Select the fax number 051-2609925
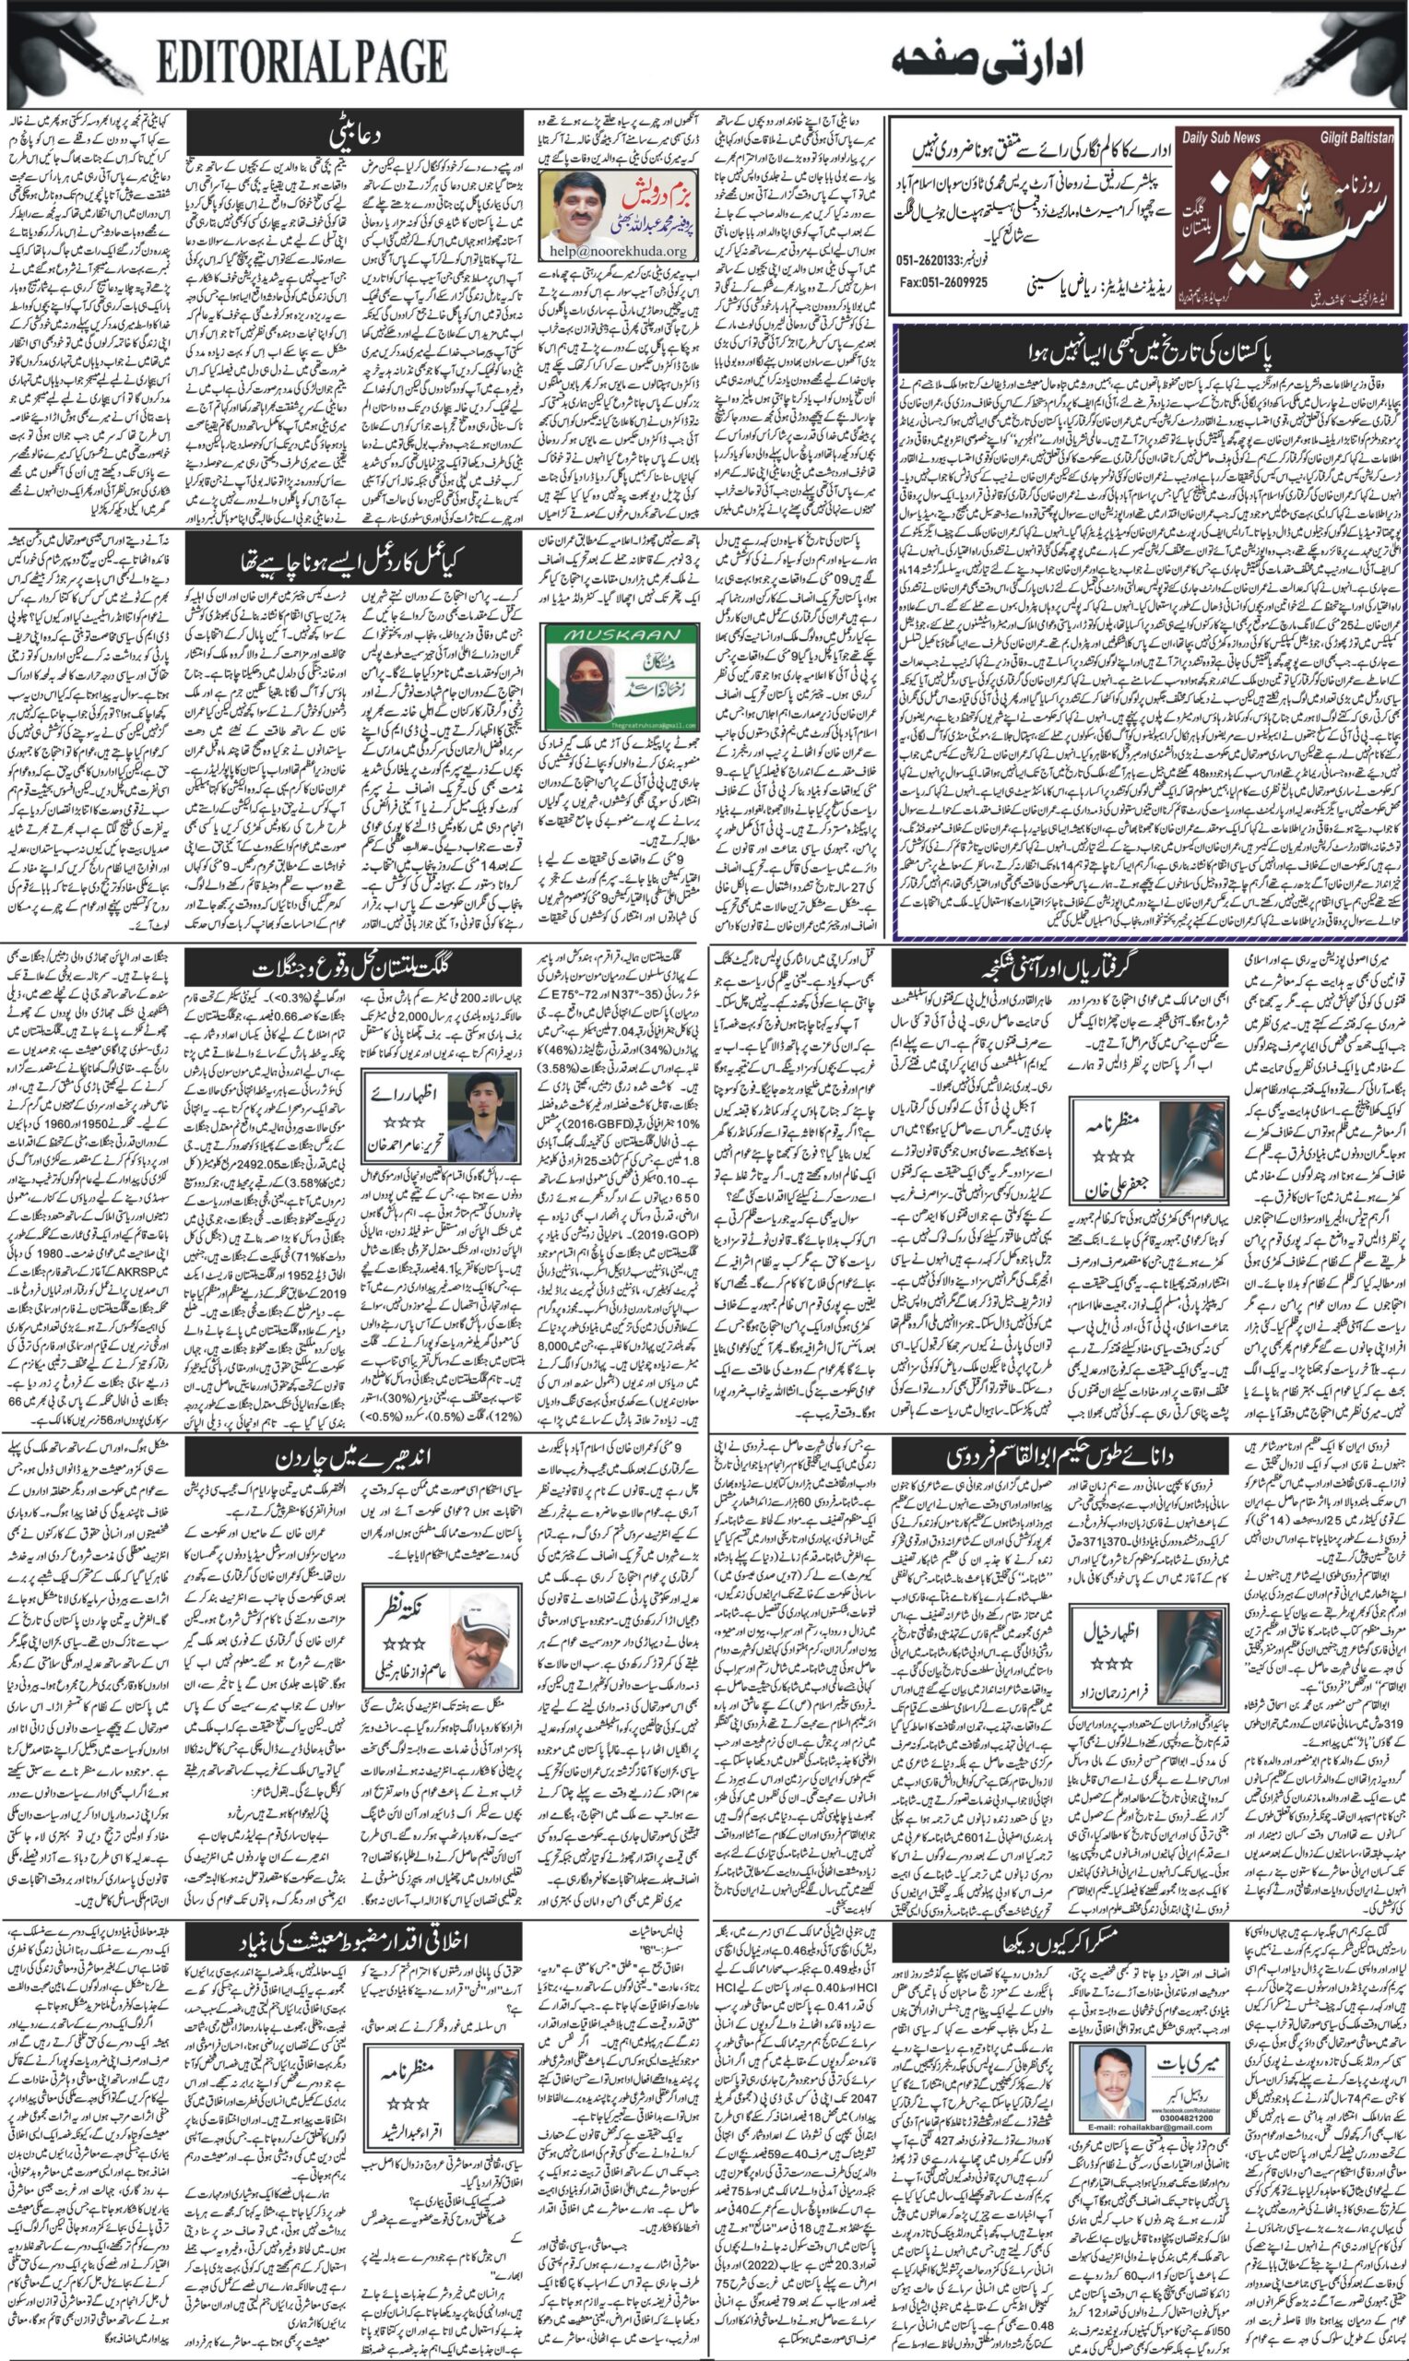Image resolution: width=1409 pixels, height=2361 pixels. pyautogui.click(x=941, y=282)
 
